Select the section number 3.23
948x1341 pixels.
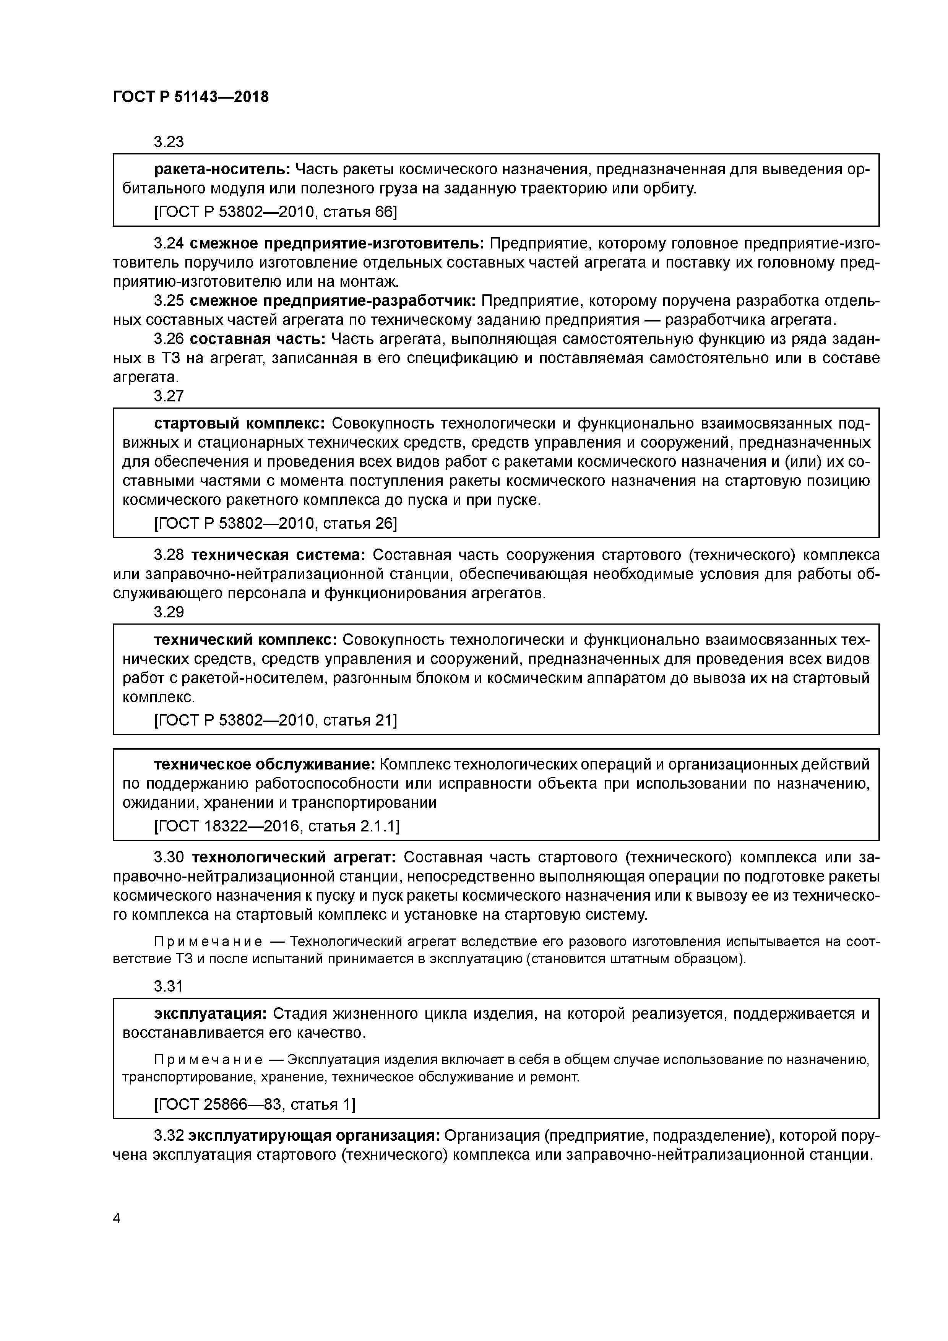(169, 141)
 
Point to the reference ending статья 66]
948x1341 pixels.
(276, 211)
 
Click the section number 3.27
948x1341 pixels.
(169, 396)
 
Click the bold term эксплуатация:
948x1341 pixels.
(210, 1013)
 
